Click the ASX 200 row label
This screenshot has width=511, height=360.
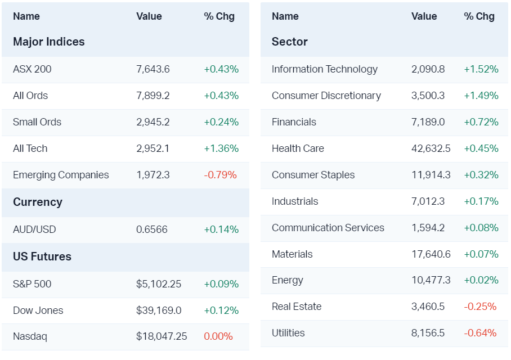pos(32,69)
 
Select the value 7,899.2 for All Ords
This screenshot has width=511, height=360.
pos(153,96)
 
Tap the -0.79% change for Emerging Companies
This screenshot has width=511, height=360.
pos(220,175)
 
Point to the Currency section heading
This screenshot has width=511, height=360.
pos(38,202)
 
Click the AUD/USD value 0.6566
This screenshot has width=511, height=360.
pos(151,229)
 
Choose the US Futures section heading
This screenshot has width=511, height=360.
pos(42,256)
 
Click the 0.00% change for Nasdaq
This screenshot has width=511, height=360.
pos(218,336)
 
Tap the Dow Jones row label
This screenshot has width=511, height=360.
pos(38,310)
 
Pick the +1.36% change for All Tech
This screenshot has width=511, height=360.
pos(221,148)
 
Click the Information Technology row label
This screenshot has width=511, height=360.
pos(325,69)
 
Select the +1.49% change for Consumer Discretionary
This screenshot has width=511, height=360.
pos(481,96)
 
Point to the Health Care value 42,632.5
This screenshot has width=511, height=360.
pos(431,148)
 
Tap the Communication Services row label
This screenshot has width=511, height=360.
pos(328,228)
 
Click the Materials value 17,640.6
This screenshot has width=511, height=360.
pos(431,254)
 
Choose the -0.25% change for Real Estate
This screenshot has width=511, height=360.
pos(480,307)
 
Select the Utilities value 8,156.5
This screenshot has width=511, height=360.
pos(428,333)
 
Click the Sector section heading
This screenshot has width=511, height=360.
pos(290,42)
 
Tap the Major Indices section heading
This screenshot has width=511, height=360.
pos(49,42)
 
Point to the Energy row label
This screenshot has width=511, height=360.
pos(288,280)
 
